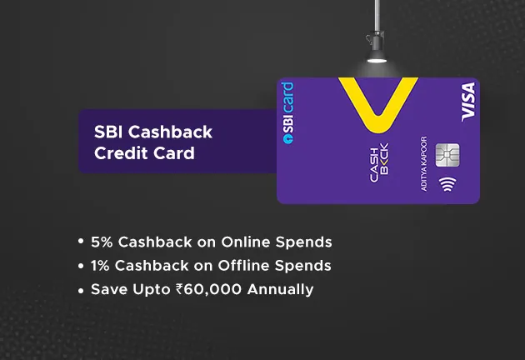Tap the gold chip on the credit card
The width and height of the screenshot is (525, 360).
[447, 155]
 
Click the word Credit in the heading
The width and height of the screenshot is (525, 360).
[114, 153]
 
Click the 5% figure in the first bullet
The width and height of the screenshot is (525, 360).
[101, 242]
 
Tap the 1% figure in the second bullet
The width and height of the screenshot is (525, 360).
[100, 266]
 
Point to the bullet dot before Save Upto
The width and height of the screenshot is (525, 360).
[81, 291]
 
